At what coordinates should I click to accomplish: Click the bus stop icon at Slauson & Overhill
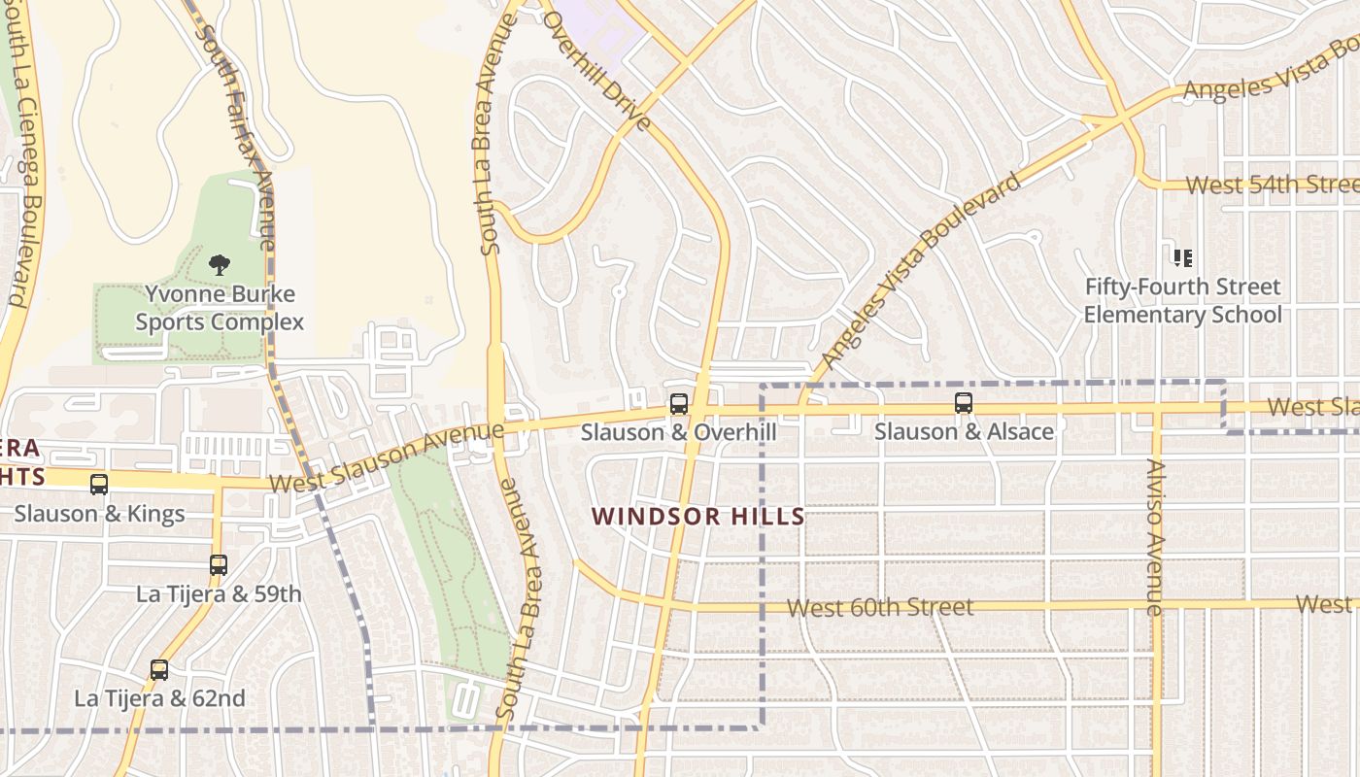point(679,403)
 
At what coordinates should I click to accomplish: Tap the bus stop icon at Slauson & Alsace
point(964,403)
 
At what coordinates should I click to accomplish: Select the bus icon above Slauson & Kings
point(99,484)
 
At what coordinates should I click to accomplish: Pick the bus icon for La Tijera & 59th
point(219,564)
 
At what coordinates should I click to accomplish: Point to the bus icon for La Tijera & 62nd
point(159,669)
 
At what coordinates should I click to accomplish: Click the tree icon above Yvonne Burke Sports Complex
point(220,264)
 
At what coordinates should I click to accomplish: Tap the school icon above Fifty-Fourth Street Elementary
point(1182,258)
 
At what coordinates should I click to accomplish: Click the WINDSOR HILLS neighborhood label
point(698,517)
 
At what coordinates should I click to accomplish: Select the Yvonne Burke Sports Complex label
point(220,308)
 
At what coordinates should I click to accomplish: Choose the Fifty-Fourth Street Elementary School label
point(1182,301)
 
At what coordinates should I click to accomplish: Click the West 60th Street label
point(879,608)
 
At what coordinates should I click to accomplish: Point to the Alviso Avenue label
point(1154,536)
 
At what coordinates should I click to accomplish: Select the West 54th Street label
point(1271,185)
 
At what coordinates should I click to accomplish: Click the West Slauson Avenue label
point(386,456)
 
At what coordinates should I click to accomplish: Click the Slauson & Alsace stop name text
point(964,431)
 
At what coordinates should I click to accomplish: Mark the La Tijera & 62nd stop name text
point(159,698)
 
